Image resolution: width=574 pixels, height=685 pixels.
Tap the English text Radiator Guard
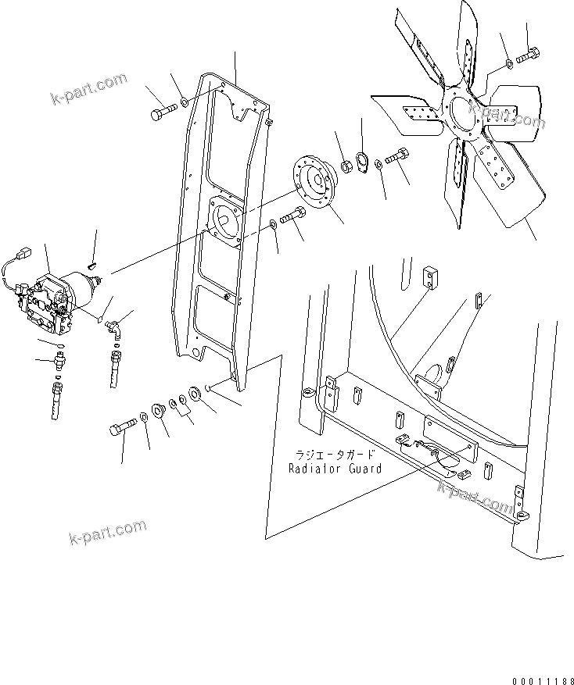[335, 469]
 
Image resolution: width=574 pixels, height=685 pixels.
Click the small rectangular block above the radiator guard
[430, 276]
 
